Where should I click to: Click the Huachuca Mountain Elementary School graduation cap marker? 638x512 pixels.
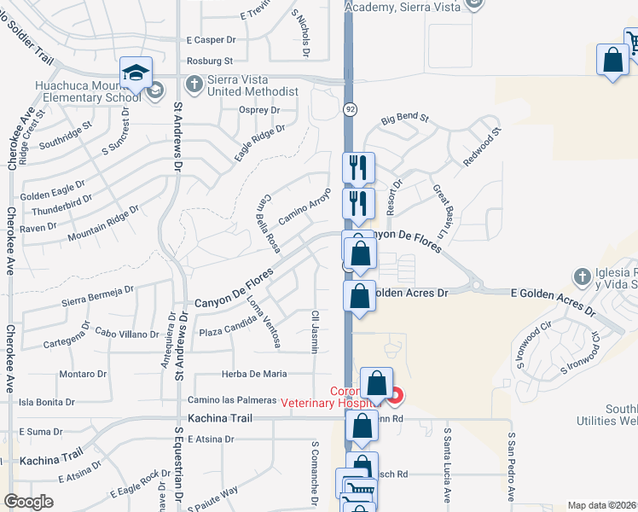click(x=136, y=72)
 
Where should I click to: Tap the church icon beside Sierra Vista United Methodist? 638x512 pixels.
click(x=194, y=84)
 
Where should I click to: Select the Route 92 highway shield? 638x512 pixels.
click(x=351, y=109)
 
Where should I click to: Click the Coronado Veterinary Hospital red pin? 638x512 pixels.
click(x=393, y=394)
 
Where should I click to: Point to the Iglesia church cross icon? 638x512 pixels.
click(x=582, y=276)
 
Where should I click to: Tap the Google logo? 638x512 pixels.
click(x=28, y=502)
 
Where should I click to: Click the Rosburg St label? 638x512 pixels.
click(x=210, y=61)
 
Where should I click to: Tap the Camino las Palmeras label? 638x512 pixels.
click(x=233, y=399)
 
